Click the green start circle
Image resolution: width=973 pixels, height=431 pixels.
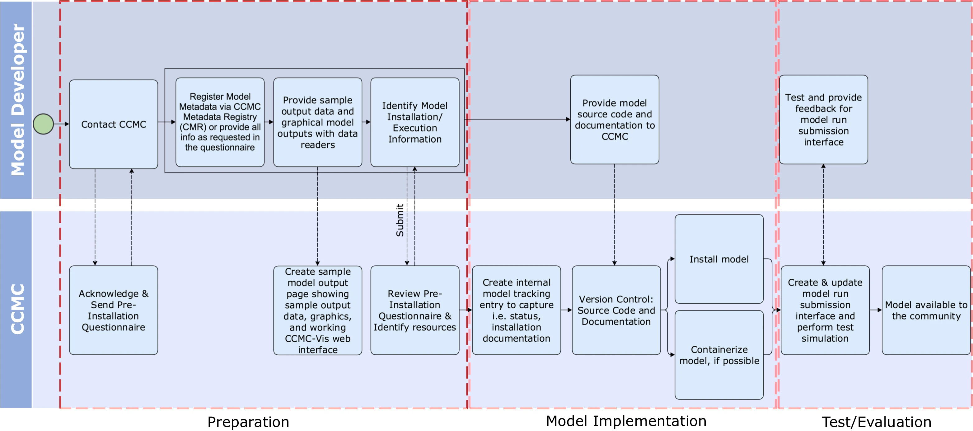[44, 124]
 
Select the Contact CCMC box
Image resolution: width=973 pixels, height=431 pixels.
[114, 124]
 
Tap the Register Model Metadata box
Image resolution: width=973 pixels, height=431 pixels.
[220, 122]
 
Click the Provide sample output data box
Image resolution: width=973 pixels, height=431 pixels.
[318, 122]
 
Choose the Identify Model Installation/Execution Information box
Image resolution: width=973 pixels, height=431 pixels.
[415, 122]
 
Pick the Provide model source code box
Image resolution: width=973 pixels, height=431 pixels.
[615, 120]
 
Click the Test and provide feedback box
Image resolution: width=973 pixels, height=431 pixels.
[823, 120]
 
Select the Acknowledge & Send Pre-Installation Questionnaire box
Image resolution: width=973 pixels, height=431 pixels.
[114, 310]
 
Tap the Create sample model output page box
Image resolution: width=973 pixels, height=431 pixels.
[318, 310]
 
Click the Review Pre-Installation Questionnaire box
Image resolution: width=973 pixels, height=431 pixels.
[415, 310]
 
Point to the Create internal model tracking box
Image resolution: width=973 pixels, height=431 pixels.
[516, 310]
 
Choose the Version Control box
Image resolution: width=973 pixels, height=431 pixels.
[616, 310]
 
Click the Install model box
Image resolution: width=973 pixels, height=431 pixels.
[719, 259]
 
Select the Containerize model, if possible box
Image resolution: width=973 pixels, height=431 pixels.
[719, 355]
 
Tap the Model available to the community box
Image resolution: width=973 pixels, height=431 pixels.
[926, 310]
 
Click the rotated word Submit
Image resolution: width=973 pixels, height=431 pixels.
[400, 220]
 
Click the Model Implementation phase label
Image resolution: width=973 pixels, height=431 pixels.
[626, 421]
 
